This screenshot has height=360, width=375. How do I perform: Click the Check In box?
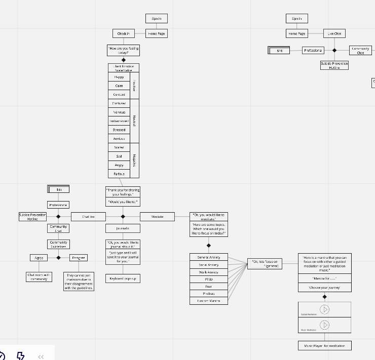pos(123,34)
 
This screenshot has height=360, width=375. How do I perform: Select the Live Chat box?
pos(334,34)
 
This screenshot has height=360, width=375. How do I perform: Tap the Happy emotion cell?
pos(119,77)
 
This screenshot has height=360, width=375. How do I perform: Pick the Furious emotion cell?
pos(119,174)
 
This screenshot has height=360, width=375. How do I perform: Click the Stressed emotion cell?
pos(119,130)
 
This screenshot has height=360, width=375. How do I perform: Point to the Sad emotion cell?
pos(119,156)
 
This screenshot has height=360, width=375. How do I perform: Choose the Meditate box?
pos(157,217)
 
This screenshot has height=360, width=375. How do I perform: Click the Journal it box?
pos(123,229)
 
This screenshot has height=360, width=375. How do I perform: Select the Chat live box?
pos(88,217)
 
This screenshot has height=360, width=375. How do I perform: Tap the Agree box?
pos(39,258)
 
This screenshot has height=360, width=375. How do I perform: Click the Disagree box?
pos(78,258)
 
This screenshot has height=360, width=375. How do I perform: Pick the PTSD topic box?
pos(208,279)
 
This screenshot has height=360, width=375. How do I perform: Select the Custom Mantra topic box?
pos(208,301)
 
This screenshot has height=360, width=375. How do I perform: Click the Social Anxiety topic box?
pos(208,265)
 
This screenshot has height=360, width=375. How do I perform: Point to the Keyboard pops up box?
pos(123,278)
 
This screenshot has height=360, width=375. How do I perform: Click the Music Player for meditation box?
pos(324,346)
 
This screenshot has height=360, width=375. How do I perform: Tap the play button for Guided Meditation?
pos(325,309)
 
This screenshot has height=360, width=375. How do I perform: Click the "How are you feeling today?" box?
pos(123,51)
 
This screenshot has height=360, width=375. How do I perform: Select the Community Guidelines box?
pos(58,245)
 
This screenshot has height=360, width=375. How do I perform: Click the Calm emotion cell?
pos(119,86)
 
